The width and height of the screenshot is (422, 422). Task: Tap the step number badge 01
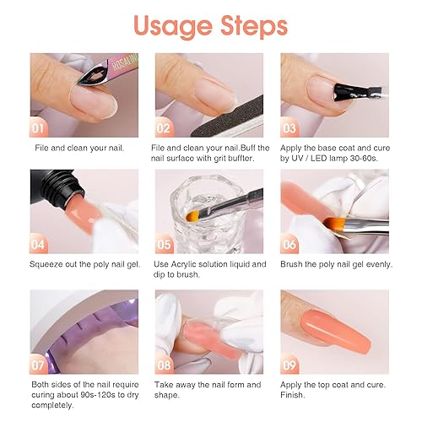tap(39, 129)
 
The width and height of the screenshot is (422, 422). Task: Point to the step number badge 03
tap(290, 129)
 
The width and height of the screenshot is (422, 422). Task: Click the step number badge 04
tap(39, 245)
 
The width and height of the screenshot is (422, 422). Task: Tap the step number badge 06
tap(290, 245)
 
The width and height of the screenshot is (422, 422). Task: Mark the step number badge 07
tap(39, 365)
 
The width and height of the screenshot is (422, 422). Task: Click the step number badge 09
tap(290, 365)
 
